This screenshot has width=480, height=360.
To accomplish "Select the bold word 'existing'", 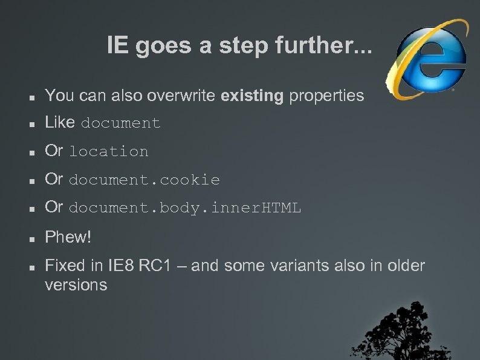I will click(x=253, y=96).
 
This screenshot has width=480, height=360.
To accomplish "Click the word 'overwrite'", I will click(x=184, y=96).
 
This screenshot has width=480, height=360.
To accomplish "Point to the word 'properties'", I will click(x=327, y=96).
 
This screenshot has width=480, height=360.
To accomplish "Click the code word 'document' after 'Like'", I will click(x=121, y=124).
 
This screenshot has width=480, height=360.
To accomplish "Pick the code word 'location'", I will click(x=109, y=152).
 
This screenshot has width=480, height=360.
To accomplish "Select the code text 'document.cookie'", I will click(x=144, y=180).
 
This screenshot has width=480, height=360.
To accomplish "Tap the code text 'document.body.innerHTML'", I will click(x=185, y=209).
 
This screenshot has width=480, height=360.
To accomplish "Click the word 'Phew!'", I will click(x=68, y=237).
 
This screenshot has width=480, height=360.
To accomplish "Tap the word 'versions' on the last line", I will click(x=76, y=285).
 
